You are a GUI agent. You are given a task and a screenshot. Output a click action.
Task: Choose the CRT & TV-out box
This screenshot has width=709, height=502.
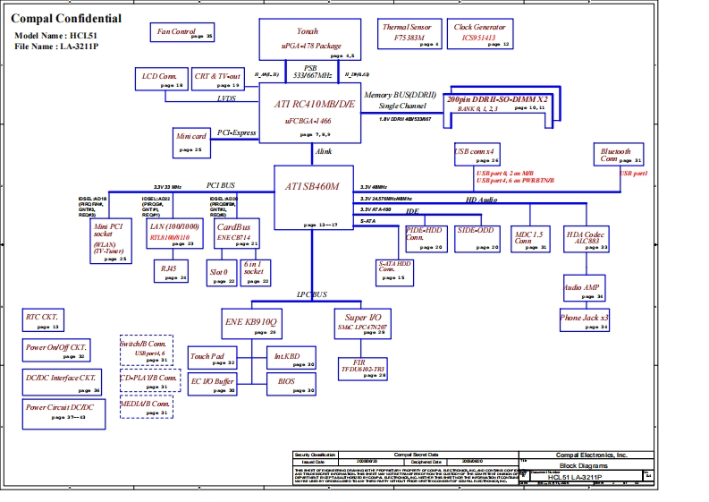[x=218, y=79]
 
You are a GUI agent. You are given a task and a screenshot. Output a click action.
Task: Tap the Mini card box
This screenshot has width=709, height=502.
[x=191, y=141]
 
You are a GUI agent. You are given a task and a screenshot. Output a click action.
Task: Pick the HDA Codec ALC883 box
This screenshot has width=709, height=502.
[x=587, y=238]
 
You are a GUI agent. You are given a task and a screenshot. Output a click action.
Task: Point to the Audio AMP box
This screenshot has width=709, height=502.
[x=581, y=289]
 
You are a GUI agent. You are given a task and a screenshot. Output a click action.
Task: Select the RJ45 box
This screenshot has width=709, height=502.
[x=170, y=271]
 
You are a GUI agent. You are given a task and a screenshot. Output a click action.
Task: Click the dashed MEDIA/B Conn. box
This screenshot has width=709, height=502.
[x=146, y=407]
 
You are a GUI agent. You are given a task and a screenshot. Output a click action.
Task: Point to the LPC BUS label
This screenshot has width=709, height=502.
[x=312, y=294]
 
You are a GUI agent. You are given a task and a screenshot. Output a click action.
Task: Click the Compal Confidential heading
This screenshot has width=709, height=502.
[x=66, y=18]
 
